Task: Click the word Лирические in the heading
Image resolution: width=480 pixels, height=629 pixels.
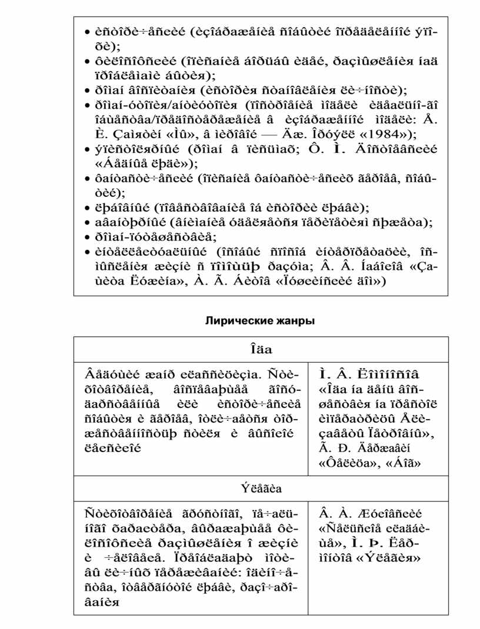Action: (234, 321)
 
